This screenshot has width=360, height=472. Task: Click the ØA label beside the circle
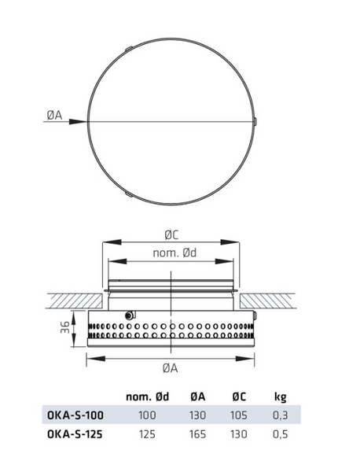(54, 115)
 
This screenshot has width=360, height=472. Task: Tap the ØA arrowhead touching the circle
(78, 122)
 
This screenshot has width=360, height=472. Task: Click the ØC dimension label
(171, 235)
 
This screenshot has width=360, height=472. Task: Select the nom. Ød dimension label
(174, 253)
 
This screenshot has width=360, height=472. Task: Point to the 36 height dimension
(65, 327)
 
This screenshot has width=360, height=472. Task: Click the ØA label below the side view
(171, 368)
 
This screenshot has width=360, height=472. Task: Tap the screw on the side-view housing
(130, 315)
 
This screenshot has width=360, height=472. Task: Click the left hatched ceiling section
(75, 301)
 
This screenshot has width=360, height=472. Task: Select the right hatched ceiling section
(267, 301)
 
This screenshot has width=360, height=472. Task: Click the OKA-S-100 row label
(75, 415)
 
